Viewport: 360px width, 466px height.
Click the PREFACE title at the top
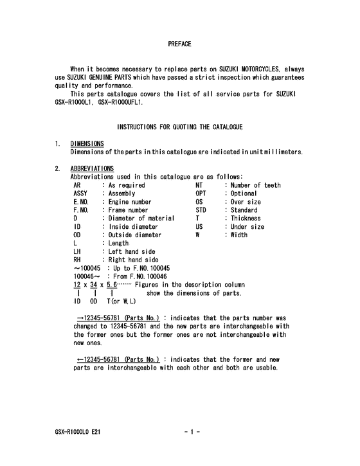(179, 44)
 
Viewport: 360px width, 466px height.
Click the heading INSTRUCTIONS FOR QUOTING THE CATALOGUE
(179, 127)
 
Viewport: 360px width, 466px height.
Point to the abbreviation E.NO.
(82, 202)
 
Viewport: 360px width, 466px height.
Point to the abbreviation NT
(199, 185)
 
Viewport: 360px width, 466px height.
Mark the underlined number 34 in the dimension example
(94, 285)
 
